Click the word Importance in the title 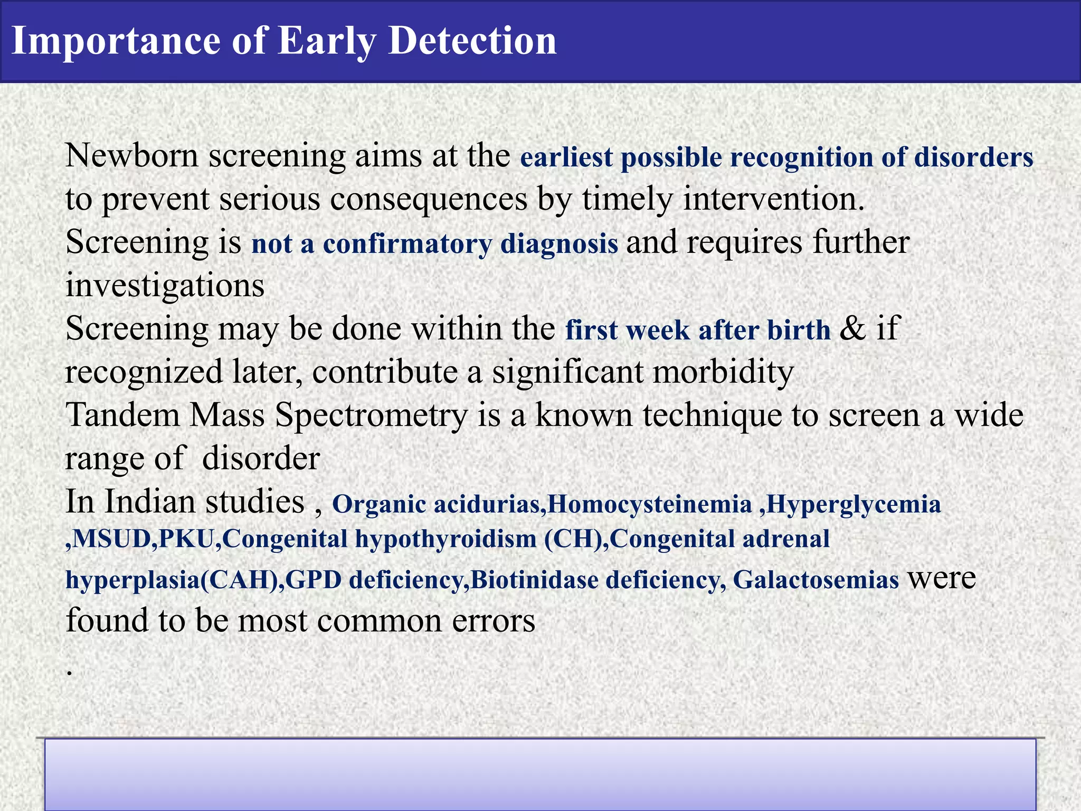(x=115, y=41)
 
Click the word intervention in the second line (x=773, y=200)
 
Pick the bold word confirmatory (x=407, y=244)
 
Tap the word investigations (x=165, y=286)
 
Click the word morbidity (x=723, y=372)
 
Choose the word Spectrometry (x=371, y=416)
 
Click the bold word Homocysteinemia (x=649, y=504)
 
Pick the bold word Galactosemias (x=816, y=580)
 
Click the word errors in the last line (x=493, y=621)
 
